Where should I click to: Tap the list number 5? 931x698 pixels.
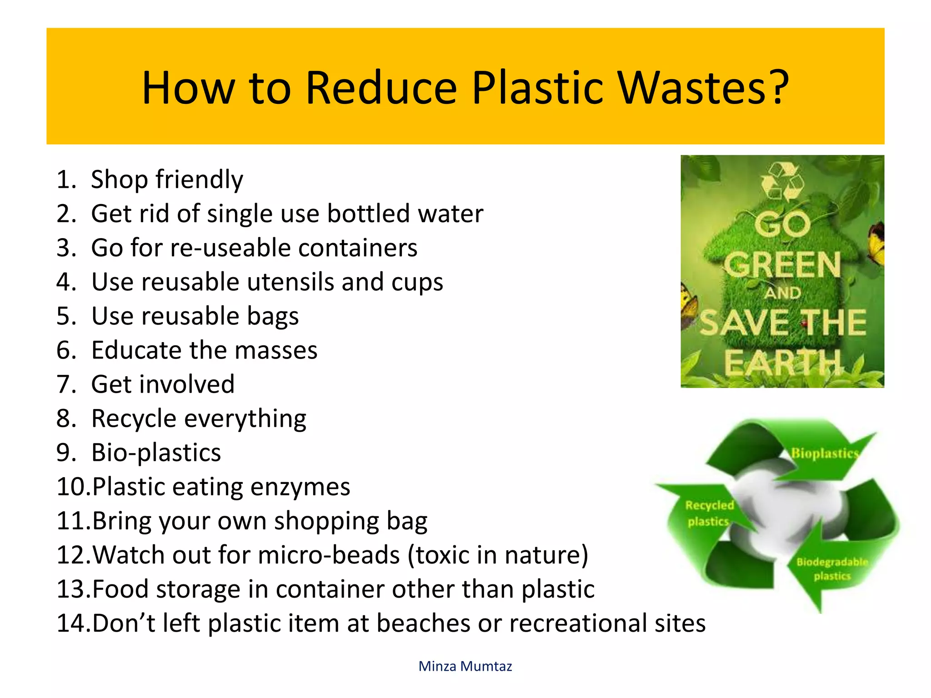coord(65,316)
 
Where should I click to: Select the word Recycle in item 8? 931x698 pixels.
coord(134,419)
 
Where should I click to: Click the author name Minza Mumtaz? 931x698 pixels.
coord(465,666)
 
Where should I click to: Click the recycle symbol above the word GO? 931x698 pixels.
coord(782,181)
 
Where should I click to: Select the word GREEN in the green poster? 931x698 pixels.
coord(782,265)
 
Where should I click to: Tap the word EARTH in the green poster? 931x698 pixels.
coord(782,364)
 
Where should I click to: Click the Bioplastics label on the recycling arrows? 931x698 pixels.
coord(824,454)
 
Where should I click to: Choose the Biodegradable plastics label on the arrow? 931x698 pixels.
coord(832,569)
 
